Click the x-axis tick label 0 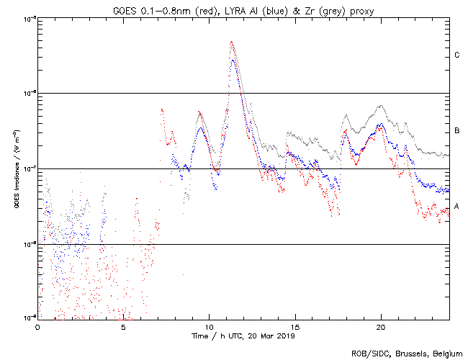tap(37, 326)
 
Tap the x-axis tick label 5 tap(123, 326)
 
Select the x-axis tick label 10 tap(209, 326)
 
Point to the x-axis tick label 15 tap(294, 326)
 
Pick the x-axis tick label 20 tap(380, 326)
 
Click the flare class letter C tap(456, 55)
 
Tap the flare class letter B tap(456, 131)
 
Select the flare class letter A tap(456, 207)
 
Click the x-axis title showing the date tap(243, 336)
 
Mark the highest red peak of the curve tap(231, 42)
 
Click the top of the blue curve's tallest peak tap(233, 60)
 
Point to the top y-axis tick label tap(29, 18)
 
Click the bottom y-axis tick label tap(29, 317)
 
